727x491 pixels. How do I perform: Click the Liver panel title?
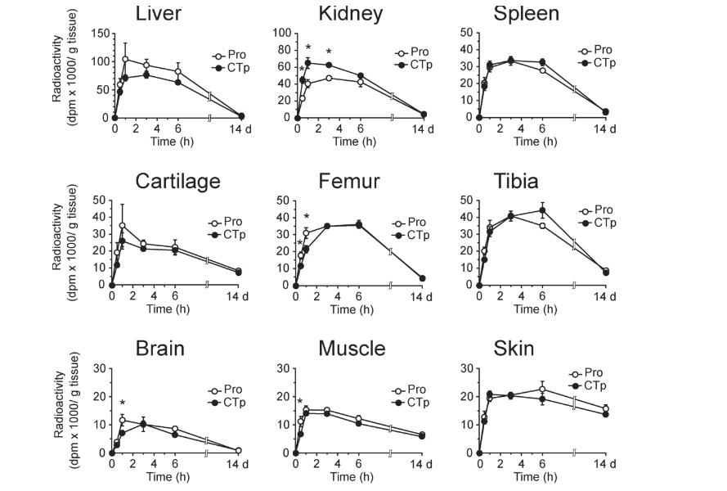click(x=159, y=13)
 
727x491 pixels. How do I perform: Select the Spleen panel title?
click(x=526, y=13)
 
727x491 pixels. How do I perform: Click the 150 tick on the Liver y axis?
click(x=99, y=34)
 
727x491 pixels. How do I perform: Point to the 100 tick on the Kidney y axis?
click(x=282, y=34)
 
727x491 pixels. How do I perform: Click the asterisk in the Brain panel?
click(x=122, y=403)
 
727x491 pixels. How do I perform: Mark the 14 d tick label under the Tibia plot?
click(x=605, y=296)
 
